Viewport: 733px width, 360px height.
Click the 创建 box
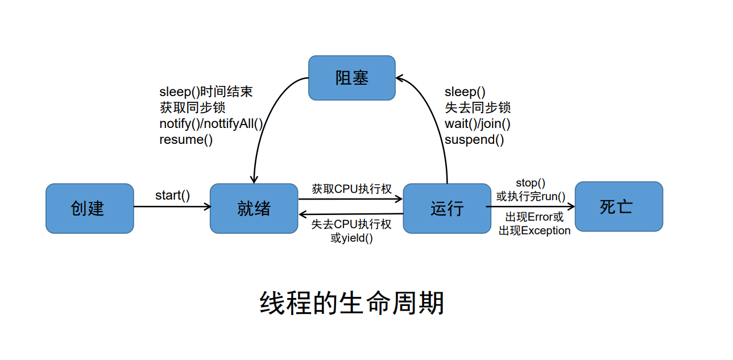point(90,209)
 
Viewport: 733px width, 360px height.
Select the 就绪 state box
point(254,209)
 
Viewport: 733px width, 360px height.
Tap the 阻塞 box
point(352,78)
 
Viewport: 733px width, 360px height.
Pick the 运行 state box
point(447,209)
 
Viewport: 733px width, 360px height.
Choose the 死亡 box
point(619,206)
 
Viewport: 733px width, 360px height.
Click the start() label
point(172,196)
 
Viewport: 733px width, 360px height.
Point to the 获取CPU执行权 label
point(351,189)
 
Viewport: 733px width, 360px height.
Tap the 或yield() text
point(351,238)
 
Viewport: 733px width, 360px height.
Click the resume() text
point(186,140)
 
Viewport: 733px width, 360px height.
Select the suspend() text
point(474,140)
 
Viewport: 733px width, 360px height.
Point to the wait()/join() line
point(478,124)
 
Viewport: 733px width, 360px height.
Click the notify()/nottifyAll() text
point(211,124)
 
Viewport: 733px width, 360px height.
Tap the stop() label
point(531,183)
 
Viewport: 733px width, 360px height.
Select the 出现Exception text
point(535,231)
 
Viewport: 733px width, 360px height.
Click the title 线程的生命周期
point(352,303)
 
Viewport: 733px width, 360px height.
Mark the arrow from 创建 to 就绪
point(172,206)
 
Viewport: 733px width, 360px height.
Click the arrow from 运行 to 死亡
point(531,206)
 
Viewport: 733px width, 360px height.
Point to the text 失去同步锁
point(478,107)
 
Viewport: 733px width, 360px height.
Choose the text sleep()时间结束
point(206,92)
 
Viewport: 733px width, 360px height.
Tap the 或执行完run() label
point(531,196)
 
